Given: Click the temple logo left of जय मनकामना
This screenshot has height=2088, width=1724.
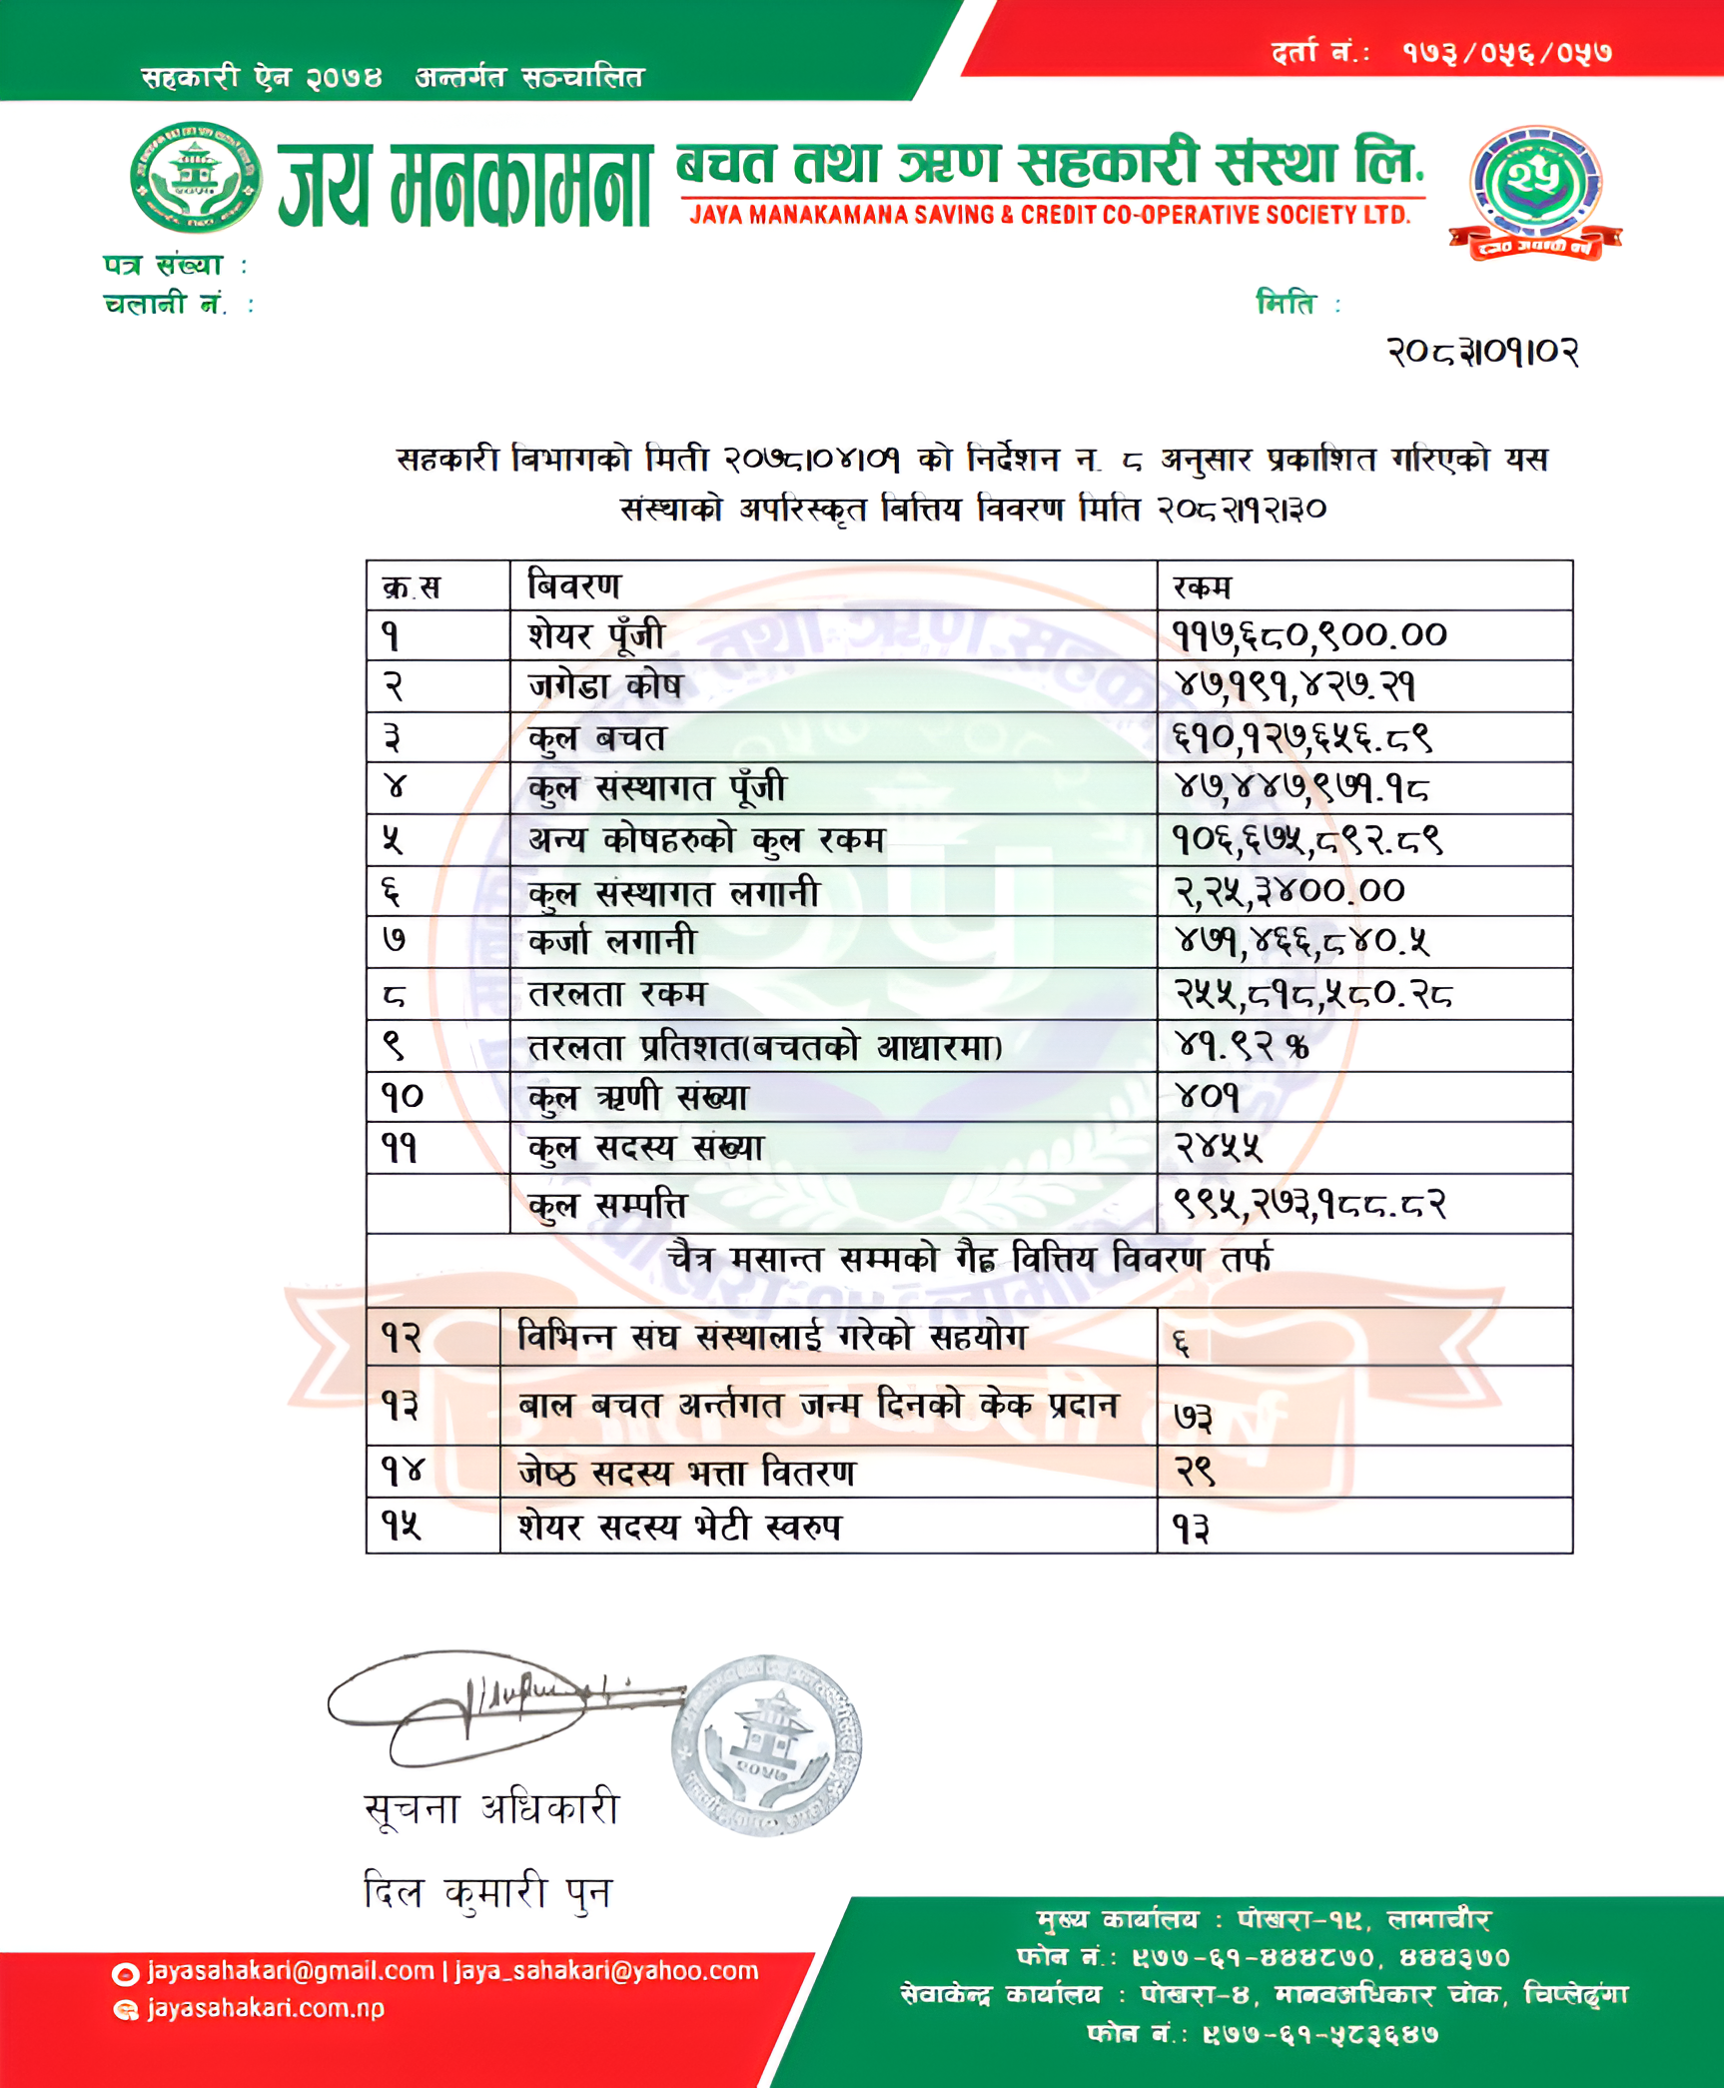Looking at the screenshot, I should [196, 178].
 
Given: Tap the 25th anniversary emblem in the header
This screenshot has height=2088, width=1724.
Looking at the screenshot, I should [1535, 190].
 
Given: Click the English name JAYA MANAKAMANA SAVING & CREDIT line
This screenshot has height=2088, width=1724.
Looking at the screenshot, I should [1050, 215].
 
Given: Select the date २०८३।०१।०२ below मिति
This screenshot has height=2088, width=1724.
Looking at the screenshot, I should [1482, 352].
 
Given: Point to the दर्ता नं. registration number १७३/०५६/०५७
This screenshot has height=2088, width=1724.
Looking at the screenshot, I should [1506, 52].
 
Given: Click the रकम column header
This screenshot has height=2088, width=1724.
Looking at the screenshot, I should [1203, 586].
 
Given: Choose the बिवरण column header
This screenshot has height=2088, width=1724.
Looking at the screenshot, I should [574, 585].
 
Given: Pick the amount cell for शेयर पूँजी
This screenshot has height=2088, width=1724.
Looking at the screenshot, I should [1309, 634].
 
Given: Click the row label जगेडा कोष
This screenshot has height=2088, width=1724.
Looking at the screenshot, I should [605, 686].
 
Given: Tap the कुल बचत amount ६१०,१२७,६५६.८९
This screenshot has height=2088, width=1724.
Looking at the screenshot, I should [1303, 737].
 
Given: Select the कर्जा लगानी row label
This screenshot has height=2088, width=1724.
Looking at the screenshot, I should [612, 941].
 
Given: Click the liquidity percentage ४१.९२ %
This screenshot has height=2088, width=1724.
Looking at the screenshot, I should [1242, 1046].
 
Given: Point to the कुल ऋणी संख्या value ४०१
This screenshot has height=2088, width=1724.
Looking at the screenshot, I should [1208, 1097].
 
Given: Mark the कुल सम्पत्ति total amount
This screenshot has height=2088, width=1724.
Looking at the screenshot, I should [1309, 1204].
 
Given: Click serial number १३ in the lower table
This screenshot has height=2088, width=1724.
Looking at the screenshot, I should [401, 1406].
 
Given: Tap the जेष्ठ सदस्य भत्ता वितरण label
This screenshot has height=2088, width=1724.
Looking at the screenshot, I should [686, 1473].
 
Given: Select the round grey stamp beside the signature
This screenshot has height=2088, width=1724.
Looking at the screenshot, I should [766, 1745].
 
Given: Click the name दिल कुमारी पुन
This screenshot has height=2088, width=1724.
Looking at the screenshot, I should [487, 1891].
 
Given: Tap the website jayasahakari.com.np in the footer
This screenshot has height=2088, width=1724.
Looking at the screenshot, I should [266, 2008].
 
